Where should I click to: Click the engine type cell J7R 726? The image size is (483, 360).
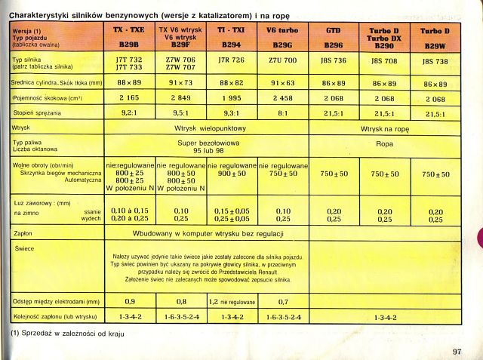click(x=231, y=60)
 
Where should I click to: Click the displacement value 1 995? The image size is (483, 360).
click(x=231, y=98)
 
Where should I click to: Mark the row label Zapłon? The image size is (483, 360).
click(x=22, y=234)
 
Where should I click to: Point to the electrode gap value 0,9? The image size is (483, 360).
click(x=128, y=301)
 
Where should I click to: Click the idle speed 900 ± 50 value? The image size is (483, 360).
click(x=231, y=174)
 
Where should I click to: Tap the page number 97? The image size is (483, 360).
click(x=457, y=350)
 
